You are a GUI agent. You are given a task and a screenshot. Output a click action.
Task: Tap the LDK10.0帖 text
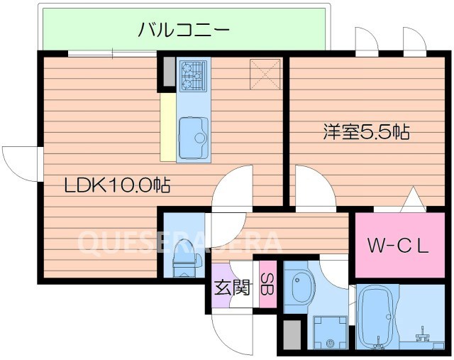[117, 186]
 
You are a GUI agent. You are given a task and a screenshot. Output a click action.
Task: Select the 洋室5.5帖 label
[367, 131]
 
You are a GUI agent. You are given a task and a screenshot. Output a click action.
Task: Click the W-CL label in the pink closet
[399, 246]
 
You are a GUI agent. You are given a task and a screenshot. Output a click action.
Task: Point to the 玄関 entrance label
[232, 288]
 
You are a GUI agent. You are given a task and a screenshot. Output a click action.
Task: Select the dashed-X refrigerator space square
[263, 72]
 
